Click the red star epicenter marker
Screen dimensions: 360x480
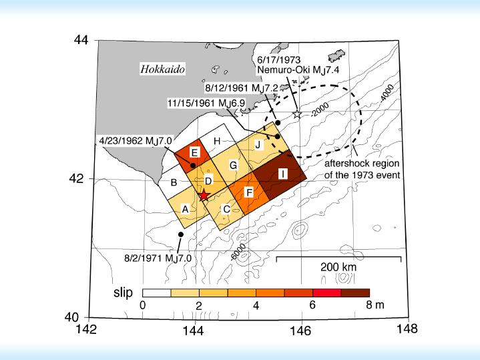click(x=204, y=195)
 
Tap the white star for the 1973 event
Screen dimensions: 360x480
click(x=298, y=114)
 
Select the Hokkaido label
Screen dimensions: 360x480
click(x=162, y=68)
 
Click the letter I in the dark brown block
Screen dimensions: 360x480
click(x=283, y=174)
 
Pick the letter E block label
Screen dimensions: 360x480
click(x=194, y=152)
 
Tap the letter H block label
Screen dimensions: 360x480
click(x=216, y=142)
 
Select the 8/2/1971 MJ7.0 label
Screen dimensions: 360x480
click(x=158, y=256)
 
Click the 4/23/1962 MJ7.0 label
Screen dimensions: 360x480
click(x=136, y=140)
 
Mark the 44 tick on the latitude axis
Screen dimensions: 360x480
click(x=81, y=39)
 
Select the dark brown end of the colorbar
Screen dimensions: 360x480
click(x=355, y=293)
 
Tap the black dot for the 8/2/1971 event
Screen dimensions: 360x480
click(x=181, y=234)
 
